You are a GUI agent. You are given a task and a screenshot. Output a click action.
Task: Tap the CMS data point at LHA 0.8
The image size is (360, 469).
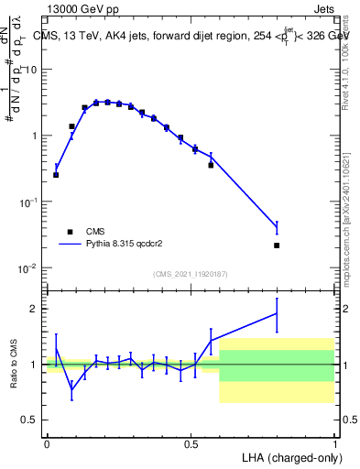(x=277, y=245)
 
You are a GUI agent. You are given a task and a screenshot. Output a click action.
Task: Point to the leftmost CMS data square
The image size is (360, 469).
(x=56, y=174)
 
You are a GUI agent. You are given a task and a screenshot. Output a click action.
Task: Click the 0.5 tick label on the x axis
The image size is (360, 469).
(x=191, y=442)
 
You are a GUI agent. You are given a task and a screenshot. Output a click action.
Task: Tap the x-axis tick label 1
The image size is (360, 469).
(x=335, y=442)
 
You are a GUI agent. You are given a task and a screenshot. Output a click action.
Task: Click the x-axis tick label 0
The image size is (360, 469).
(x=47, y=442)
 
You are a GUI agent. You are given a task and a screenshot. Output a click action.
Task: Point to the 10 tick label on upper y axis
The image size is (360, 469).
(x=30, y=70)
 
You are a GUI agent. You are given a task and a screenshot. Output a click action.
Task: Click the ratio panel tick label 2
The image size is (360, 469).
(x=35, y=309)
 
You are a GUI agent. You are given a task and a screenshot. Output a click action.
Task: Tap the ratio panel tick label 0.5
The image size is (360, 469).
(x=30, y=420)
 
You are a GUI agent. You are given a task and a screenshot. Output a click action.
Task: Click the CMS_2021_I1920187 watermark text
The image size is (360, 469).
(x=191, y=274)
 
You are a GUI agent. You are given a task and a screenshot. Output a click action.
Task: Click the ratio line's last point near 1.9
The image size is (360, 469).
(x=277, y=313)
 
